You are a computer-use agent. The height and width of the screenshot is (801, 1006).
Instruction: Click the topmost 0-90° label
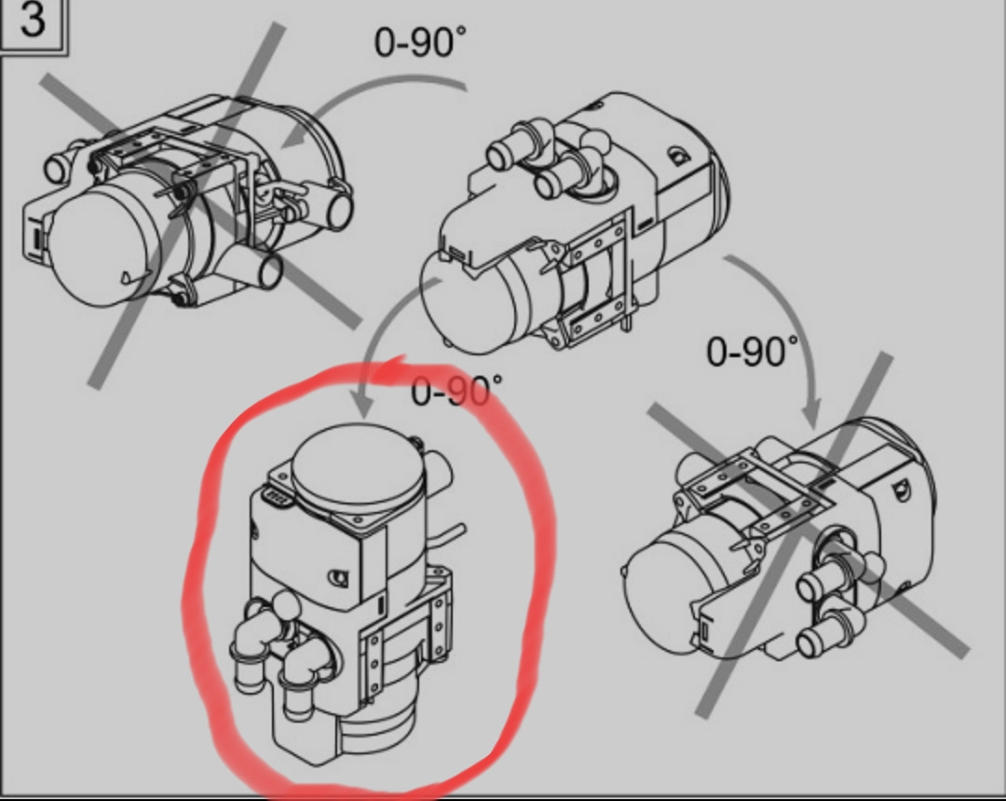point(420,43)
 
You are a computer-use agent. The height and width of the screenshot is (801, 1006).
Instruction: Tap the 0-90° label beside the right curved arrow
point(753,352)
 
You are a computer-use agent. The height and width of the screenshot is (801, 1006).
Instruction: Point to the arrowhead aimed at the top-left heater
point(293,137)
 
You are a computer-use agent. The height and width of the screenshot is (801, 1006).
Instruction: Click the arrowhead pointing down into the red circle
point(363,405)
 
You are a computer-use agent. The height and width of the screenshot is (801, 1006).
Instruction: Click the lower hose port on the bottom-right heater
point(822,637)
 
